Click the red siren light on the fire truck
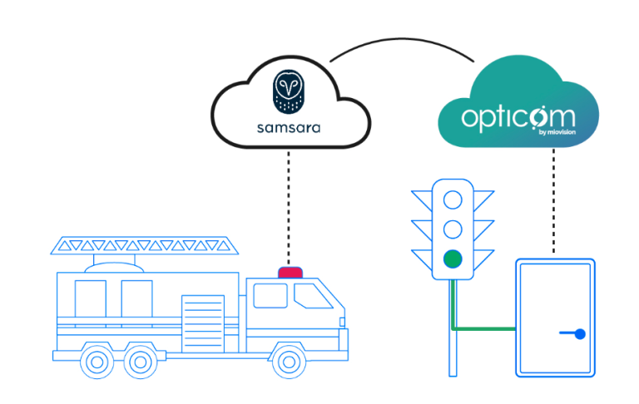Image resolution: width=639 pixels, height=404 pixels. tap(290, 272)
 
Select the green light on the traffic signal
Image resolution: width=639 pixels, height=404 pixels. tap(453, 259)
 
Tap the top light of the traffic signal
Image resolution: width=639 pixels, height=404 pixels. tap(453, 200)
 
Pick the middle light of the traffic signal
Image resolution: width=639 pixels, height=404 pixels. tap(453, 229)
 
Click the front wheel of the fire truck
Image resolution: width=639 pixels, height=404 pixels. tap(288, 361)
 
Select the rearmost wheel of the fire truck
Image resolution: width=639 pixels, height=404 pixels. tap(97, 361)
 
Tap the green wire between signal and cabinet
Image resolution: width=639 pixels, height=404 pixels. tap(483, 328)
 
